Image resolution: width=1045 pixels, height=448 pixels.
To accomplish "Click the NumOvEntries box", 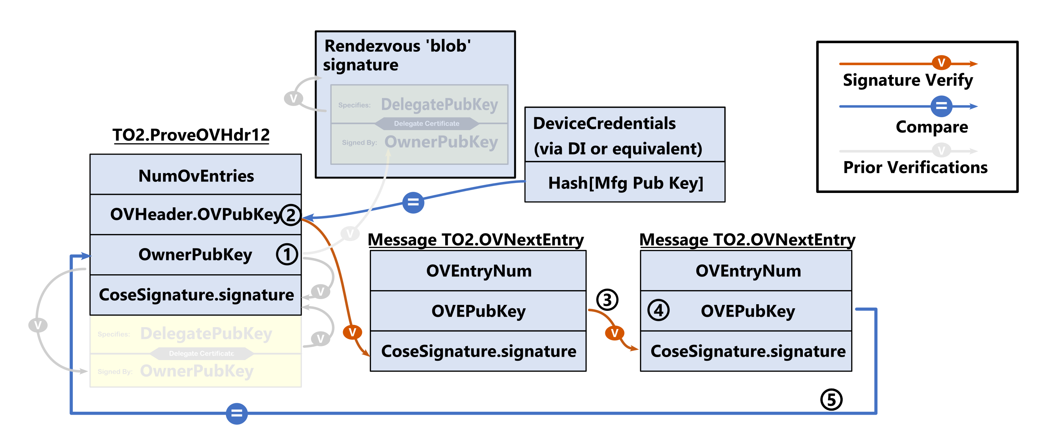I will tap(196, 175).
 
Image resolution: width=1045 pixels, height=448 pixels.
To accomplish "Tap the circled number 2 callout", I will tap(290, 215).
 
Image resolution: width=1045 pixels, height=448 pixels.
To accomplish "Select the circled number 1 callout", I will tap(287, 255).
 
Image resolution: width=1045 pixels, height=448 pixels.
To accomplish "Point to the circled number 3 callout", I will tap(607, 300).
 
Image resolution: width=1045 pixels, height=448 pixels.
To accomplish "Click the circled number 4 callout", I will tap(658, 310).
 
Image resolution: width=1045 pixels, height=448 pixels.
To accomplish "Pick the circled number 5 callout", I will tap(831, 400).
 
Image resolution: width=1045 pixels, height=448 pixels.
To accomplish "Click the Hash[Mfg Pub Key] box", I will tap(625, 183).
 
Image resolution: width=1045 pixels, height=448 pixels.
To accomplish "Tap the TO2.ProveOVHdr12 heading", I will tap(191, 135).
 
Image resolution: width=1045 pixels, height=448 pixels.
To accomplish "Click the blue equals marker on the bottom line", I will tap(237, 414).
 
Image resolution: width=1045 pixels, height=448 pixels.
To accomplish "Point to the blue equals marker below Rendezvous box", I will tap(413, 202).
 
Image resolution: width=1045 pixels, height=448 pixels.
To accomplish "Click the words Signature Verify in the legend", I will tap(907, 80).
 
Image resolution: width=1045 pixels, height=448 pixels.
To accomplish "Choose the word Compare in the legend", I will tap(932, 127).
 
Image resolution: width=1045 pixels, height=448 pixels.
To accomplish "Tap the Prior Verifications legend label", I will tap(915, 167).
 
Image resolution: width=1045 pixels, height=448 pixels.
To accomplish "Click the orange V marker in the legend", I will tap(941, 62).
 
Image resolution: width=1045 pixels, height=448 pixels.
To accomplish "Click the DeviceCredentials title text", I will tap(604, 123).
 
